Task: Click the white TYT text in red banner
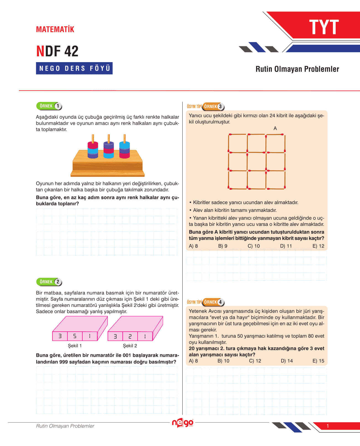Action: (324, 27)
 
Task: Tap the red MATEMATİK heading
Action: (55, 30)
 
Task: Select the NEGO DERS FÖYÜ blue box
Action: (74, 68)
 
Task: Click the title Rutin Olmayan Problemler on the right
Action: (297, 69)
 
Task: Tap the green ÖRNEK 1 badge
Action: (49, 106)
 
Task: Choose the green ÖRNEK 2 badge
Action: (49, 282)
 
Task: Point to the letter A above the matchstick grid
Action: (275, 128)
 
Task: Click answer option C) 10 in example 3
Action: (254, 246)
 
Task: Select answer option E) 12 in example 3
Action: (318, 246)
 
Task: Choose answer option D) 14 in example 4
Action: (287, 361)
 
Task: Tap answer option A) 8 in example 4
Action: (193, 361)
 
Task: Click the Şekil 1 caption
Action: (75, 346)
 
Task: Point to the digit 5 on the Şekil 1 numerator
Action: (75, 336)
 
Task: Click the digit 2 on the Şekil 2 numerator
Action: (130, 336)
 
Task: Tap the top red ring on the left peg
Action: (93, 145)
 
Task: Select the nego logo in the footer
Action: (182, 423)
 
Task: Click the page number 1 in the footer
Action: (328, 426)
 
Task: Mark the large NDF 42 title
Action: (57, 51)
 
